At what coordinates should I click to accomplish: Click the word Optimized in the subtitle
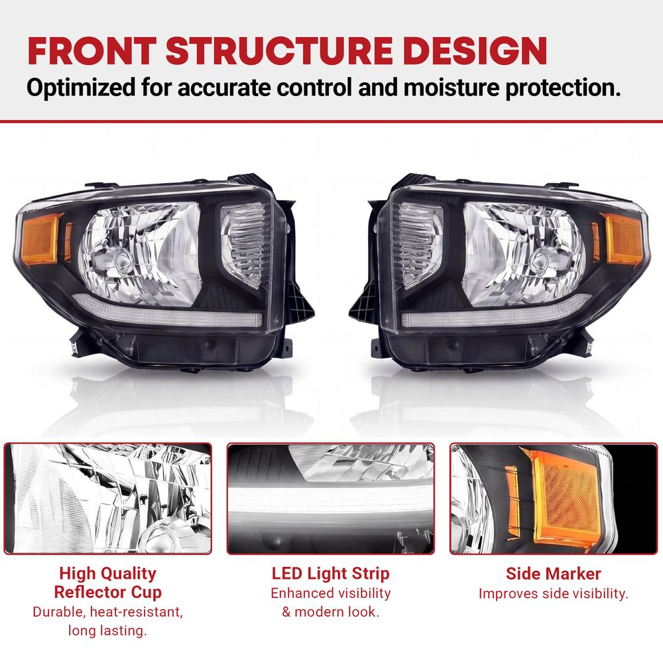pyautogui.click(x=81, y=88)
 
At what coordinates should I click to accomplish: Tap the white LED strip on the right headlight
pyautogui.click(x=495, y=314)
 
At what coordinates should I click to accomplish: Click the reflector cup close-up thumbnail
pyautogui.click(x=108, y=499)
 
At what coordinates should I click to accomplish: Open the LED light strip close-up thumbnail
pyautogui.click(x=331, y=499)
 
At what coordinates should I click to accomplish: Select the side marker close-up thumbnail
pyautogui.click(x=554, y=499)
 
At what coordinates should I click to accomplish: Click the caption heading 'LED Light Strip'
pyautogui.click(x=331, y=573)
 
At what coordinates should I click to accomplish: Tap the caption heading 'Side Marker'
pyautogui.click(x=554, y=573)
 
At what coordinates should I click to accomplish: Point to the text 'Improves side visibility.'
pyautogui.click(x=554, y=593)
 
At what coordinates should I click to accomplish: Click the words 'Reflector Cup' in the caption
pyautogui.click(x=108, y=592)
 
